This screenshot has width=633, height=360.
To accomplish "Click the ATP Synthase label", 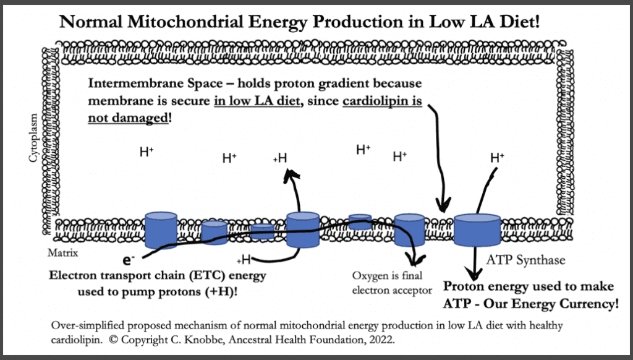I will tap(525, 260).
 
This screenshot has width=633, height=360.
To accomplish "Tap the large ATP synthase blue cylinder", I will tap(477, 229).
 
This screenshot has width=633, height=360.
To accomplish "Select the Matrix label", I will tap(62, 253).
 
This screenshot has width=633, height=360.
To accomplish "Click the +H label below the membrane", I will tap(243, 259).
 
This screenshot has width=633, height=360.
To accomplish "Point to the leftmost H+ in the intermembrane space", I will tap(147, 152).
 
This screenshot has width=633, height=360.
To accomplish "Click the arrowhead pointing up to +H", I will tap(289, 178).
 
